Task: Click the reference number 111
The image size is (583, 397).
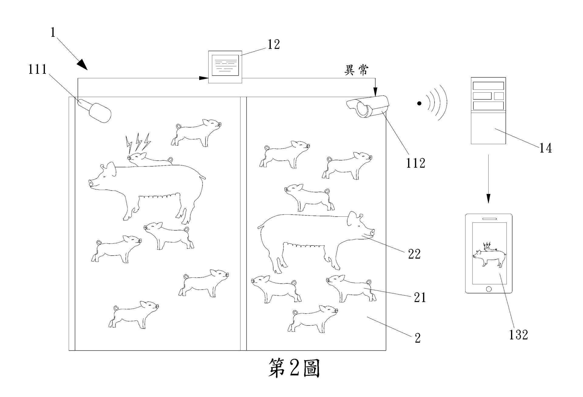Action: tap(38, 70)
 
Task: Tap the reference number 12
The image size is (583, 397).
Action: tap(273, 45)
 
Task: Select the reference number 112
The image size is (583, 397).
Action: tap(416, 163)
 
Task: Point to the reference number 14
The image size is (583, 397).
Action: tap(545, 148)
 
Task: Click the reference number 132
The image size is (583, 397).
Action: tap(519, 335)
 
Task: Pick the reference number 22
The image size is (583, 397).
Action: tap(414, 254)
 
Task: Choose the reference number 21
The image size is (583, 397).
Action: tap(420, 298)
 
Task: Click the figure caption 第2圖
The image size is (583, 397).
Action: tap(294, 368)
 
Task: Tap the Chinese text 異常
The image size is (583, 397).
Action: tap(356, 70)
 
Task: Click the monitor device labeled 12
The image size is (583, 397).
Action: tap(225, 67)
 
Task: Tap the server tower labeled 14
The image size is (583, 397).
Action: tap(488, 110)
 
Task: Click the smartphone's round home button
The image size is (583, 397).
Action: tap(489, 289)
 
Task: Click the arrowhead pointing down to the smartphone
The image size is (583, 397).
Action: tap(488, 199)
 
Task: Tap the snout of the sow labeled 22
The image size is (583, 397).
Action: tap(372, 233)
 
